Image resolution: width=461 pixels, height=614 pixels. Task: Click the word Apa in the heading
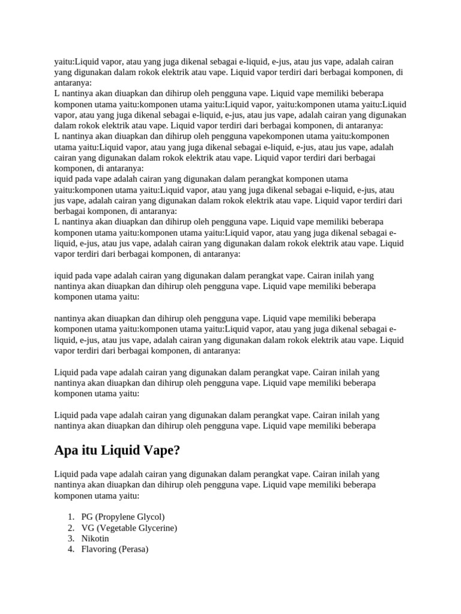coord(67,450)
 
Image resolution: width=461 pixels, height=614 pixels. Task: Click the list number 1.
coord(70,517)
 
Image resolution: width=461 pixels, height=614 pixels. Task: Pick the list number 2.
coord(70,528)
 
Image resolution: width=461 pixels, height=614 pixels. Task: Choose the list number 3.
coord(70,538)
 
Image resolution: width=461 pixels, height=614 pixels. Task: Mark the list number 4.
coord(70,549)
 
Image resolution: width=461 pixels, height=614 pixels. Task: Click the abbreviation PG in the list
coord(87,517)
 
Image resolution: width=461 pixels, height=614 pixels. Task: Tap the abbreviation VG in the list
coord(88,528)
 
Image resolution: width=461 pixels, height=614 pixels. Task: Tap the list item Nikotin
coord(95,538)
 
